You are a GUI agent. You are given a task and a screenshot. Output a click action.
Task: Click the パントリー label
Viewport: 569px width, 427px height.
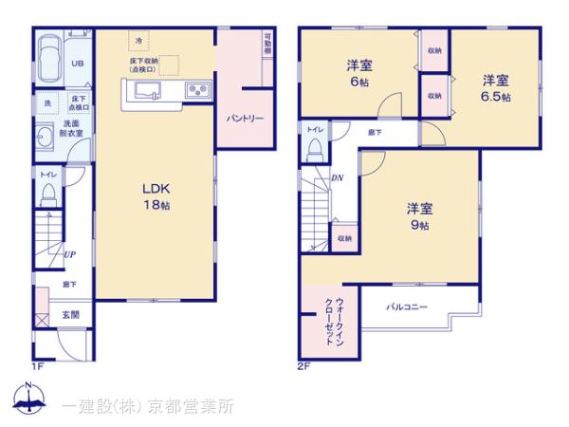tap(244, 120)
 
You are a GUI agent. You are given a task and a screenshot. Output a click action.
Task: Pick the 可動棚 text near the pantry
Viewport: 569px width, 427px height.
tap(267, 46)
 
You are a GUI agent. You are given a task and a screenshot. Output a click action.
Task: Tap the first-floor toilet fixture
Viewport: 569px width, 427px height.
tap(47, 195)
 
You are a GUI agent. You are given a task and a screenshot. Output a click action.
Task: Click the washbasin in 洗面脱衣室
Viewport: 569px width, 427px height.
tap(45, 133)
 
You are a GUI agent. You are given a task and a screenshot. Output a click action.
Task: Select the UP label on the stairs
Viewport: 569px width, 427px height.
tap(69, 253)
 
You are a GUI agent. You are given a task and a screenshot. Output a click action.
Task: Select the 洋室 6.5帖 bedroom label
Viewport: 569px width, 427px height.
tap(495, 87)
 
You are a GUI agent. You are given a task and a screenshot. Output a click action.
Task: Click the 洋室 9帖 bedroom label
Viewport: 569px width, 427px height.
tap(420, 216)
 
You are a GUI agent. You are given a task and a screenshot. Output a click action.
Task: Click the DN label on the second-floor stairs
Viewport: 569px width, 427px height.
tap(337, 176)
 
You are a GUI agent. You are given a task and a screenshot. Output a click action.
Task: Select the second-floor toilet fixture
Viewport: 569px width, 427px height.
tap(314, 148)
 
